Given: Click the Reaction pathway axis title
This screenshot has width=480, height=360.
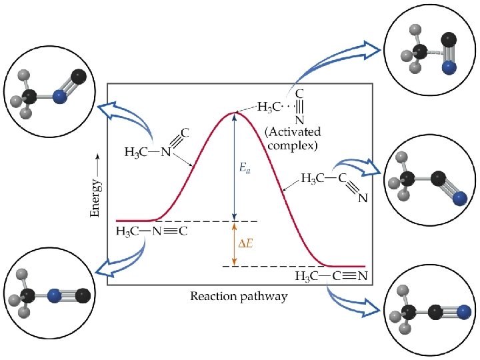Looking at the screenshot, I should pos(239,295).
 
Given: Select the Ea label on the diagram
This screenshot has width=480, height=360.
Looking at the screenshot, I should pos(245,169).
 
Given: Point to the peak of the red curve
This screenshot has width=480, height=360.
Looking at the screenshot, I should pos(233,113).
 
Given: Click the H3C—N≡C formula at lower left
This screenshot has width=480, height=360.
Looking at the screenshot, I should pos(151,231).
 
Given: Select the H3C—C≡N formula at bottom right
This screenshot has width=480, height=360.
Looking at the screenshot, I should pos(331,276).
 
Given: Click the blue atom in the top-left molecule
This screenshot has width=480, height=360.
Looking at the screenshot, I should pos(60,97).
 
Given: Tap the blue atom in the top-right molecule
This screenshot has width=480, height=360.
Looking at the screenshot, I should pos(449,67).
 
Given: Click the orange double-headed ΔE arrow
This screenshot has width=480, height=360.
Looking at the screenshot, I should pos(233,244).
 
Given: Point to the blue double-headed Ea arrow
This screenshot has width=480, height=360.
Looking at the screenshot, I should pos(233,167).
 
